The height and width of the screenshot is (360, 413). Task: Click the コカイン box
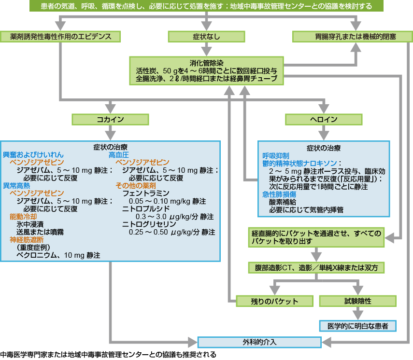click(x=111, y=119)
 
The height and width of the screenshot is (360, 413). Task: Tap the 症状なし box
click(x=207, y=37)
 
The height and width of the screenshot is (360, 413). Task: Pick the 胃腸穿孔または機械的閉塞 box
click(x=352, y=37)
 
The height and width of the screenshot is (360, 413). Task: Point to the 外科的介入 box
click(x=260, y=342)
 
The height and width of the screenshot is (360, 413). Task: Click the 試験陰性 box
click(x=358, y=301)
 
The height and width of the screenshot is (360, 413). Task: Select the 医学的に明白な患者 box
click(x=358, y=326)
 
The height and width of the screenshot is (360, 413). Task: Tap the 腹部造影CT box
click(x=316, y=267)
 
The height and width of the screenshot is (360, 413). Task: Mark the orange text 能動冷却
click(x=23, y=217)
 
